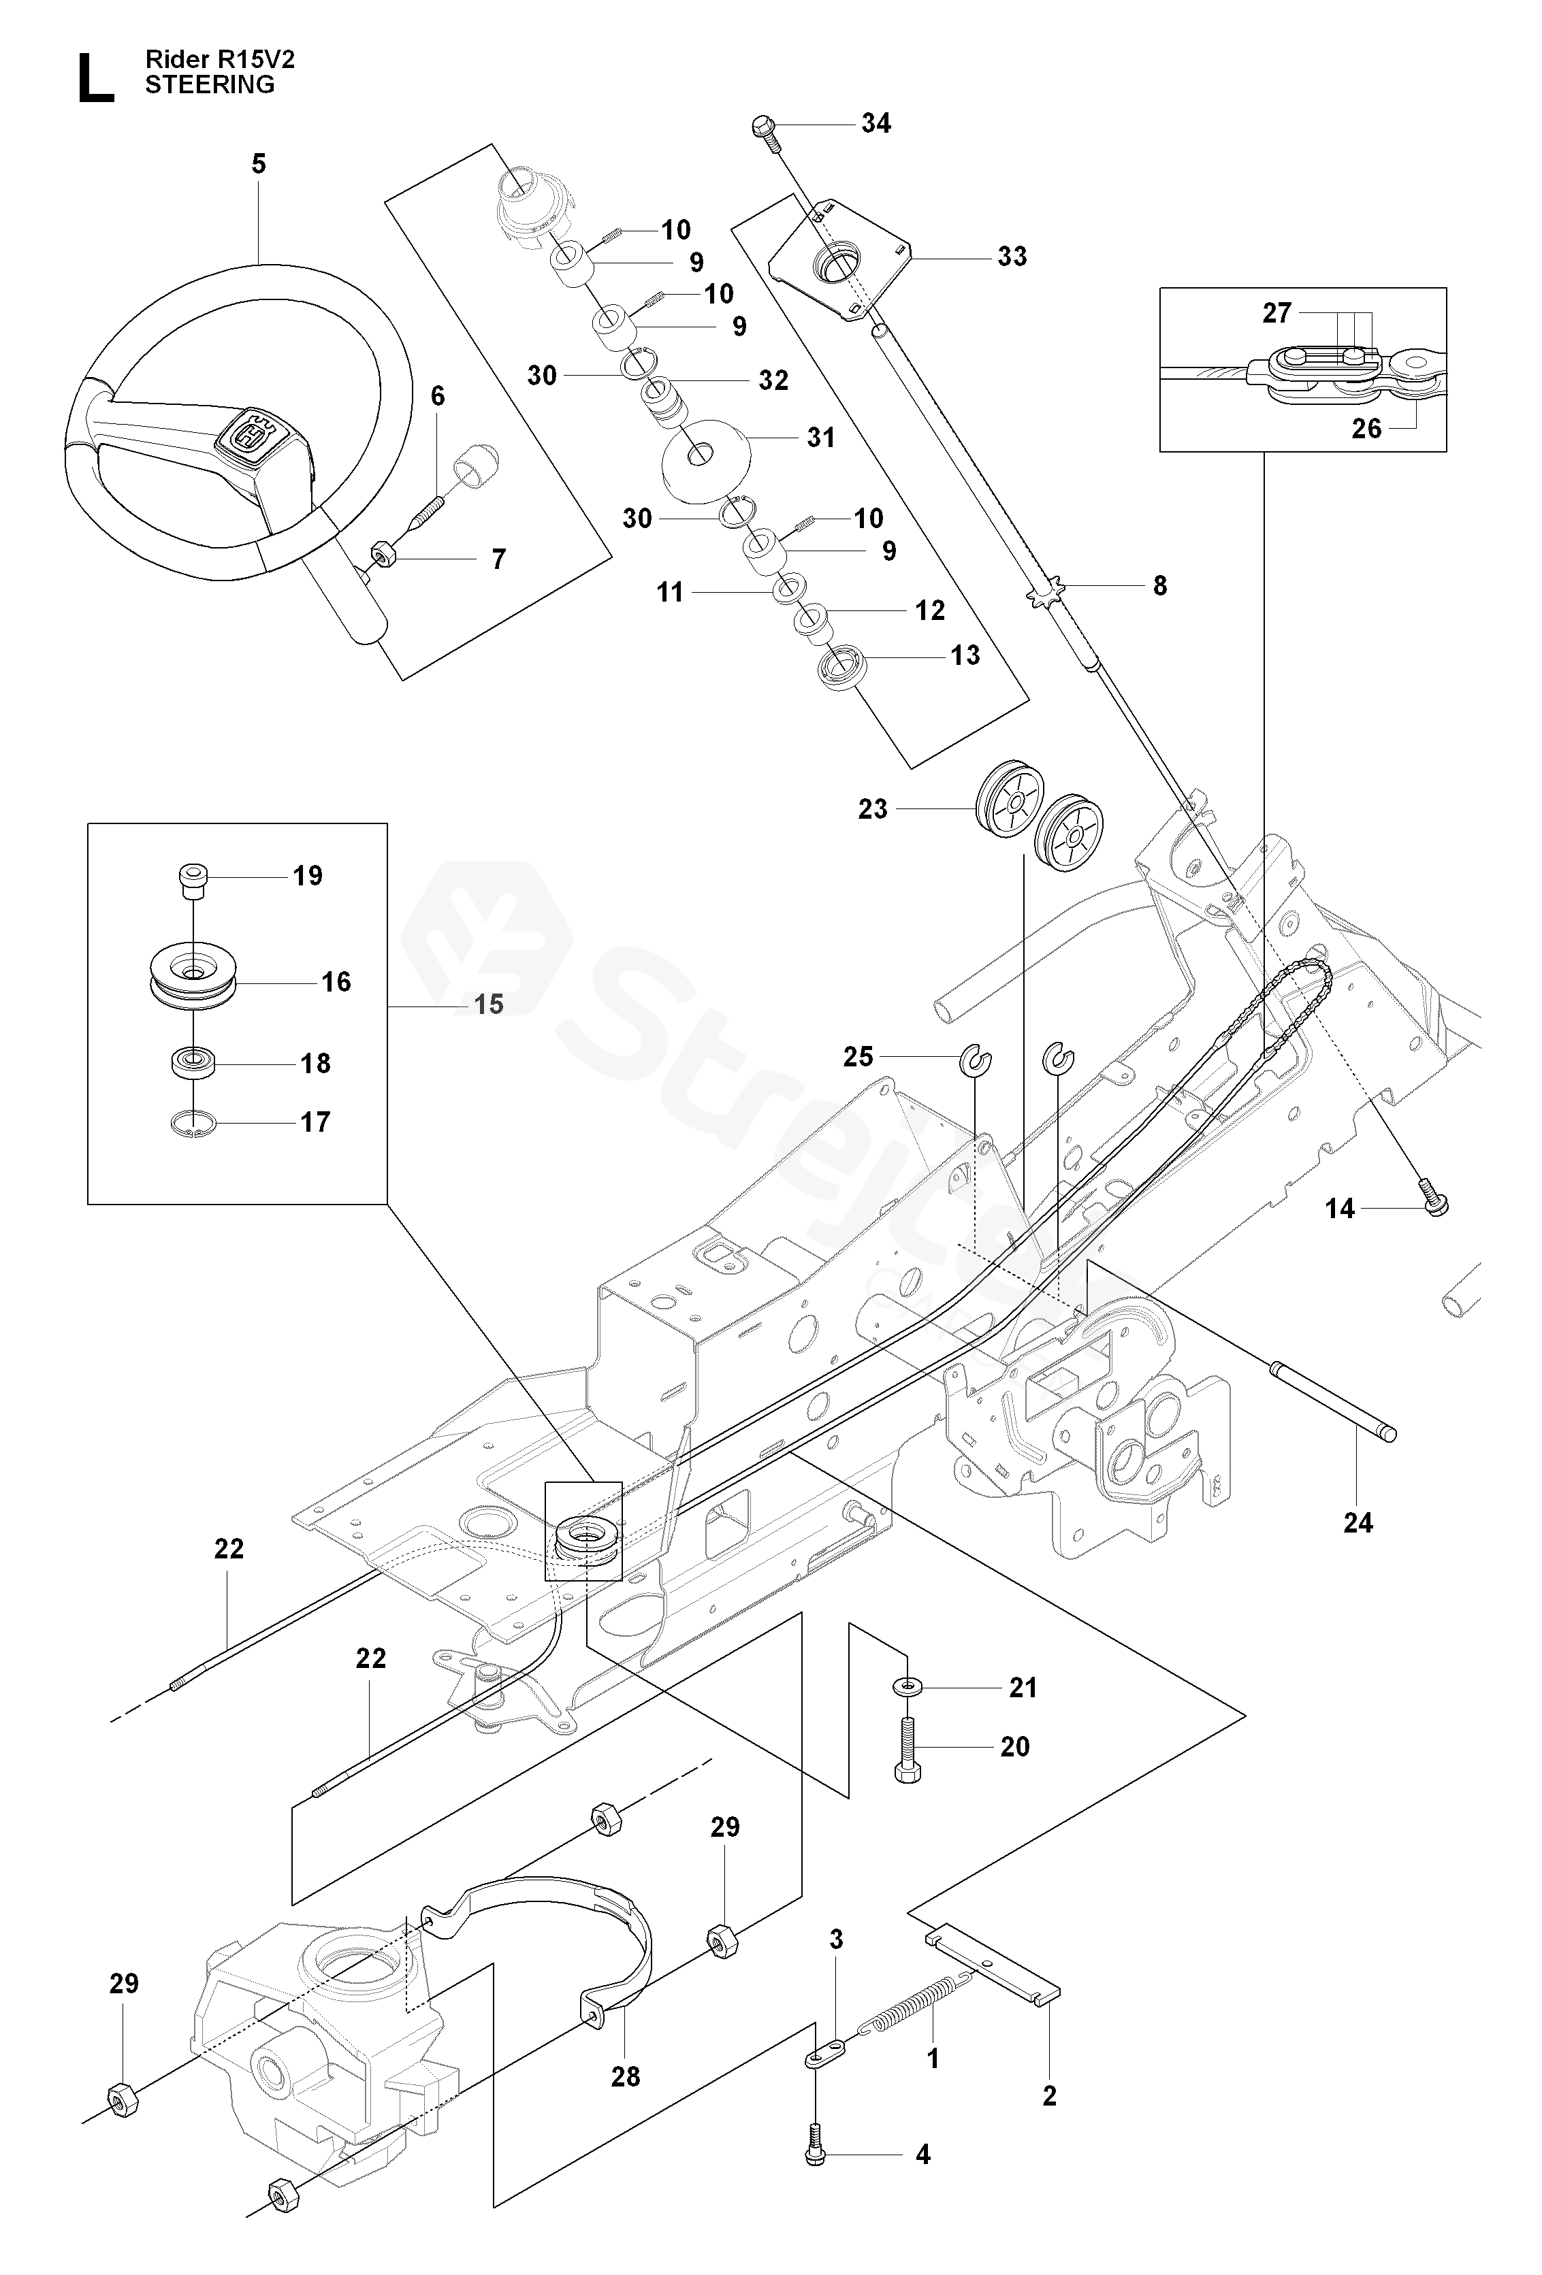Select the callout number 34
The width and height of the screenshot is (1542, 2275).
876,123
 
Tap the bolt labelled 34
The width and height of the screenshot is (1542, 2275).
766,132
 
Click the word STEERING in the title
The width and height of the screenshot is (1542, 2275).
210,85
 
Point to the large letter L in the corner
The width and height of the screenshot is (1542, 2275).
95,78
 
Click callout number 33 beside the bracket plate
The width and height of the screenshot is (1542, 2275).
1012,257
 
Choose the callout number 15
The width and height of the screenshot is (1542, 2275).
489,1004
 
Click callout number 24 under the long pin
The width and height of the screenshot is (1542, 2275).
1358,1523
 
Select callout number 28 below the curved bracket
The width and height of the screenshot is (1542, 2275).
626,2076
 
